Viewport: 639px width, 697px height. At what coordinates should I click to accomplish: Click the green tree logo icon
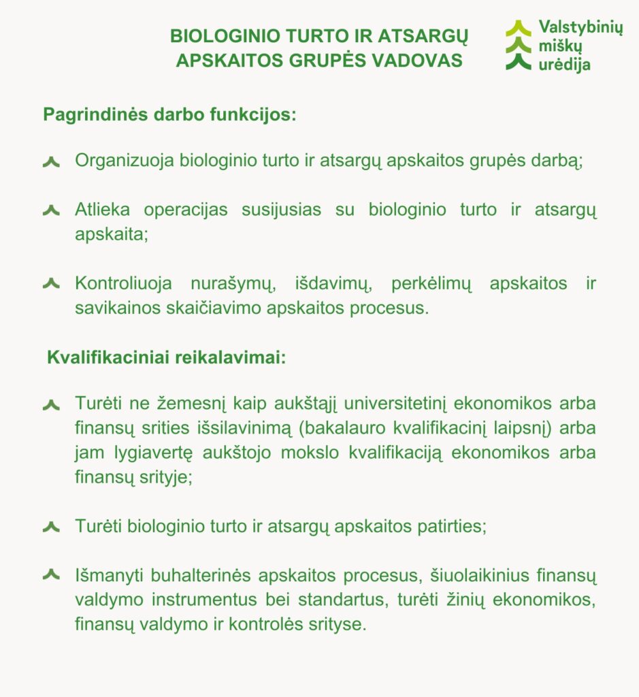[519, 46]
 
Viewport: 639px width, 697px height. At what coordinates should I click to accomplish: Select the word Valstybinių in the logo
[580, 28]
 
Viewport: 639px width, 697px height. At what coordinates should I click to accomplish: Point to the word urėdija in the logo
[565, 65]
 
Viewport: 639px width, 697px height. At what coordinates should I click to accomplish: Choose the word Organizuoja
[125, 161]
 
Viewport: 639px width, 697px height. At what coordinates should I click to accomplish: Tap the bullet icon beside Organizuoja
[51, 162]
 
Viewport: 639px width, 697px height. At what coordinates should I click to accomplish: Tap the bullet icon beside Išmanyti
[51, 576]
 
